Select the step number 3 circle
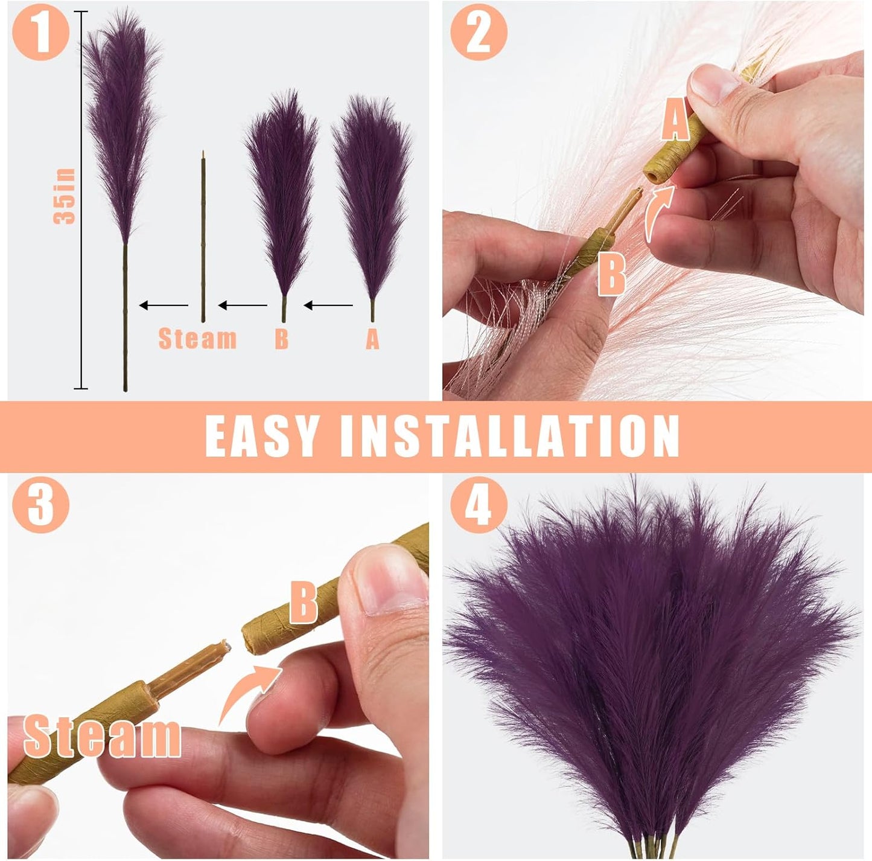coord(40,504)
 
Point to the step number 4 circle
coord(478,504)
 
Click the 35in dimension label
coord(65,196)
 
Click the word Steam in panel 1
coord(197,339)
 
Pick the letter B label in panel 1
coord(281,339)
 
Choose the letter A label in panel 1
coord(372,339)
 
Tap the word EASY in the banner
coord(261,436)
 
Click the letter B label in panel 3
coord(304,602)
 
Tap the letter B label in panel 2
coord(611,274)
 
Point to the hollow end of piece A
coord(652,176)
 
